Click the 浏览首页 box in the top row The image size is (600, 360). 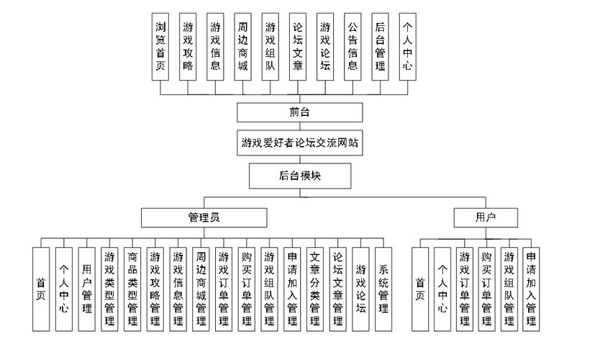(160, 45)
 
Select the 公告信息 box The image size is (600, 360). (353, 45)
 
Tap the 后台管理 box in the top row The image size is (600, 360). (380, 45)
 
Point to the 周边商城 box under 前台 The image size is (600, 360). (243, 45)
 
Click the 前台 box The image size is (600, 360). (299, 112)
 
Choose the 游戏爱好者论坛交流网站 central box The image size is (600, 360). (299, 143)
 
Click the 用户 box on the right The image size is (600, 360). (486, 217)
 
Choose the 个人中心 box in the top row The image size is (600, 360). (407, 45)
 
